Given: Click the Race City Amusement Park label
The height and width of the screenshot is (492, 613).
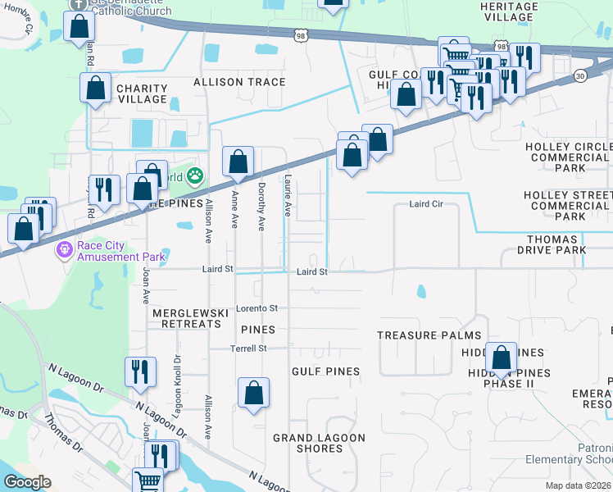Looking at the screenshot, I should (x=121, y=251).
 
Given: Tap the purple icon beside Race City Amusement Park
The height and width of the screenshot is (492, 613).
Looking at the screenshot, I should (x=64, y=249).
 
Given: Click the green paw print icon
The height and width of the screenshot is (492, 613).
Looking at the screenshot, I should (x=194, y=175).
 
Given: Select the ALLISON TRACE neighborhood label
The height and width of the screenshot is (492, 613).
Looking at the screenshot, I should (x=239, y=82).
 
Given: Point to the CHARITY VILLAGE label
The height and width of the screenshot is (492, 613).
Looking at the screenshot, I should (x=142, y=93).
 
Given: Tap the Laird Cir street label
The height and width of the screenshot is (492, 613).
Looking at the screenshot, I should (x=425, y=204).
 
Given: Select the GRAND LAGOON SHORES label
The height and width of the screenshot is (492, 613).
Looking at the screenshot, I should (x=319, y=443).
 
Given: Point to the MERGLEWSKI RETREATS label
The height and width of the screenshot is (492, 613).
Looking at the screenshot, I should (x=186, y=318).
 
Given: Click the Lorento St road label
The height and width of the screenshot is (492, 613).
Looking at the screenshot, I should (x=257, y=308).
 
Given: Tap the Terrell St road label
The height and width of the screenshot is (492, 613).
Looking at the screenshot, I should (x=251, y=348).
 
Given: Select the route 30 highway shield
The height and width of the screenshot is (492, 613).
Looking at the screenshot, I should (x=580, y=75).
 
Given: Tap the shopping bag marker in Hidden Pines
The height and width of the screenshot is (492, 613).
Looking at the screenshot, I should (x=501, y=358).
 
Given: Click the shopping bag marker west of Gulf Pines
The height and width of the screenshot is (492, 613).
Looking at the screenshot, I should (x=254, y=392).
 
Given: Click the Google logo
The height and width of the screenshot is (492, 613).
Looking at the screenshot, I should (x=27, y=482).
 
